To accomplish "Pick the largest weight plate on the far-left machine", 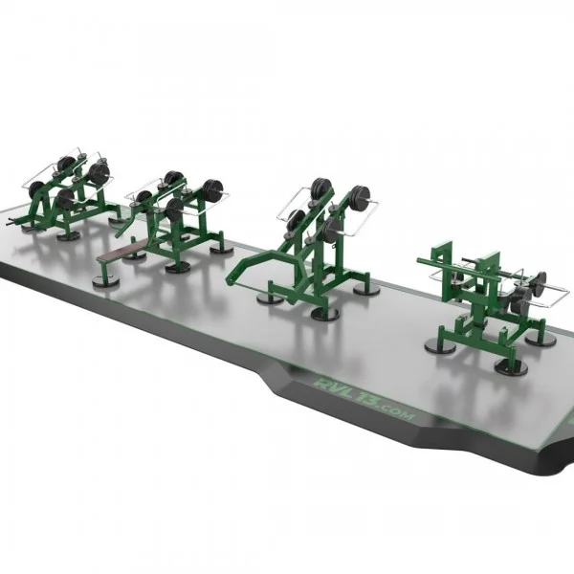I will pyautogui.click(x=99, y=174).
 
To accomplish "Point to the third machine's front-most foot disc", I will pyautogui.click(x=326, y=313).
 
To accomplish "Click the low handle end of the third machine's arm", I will pyautogui.click(x=230, y=278).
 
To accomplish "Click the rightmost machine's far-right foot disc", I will pyautogui.click(x=541, y=341).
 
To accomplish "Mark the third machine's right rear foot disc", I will pyautogui.click(x=363, y=288).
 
